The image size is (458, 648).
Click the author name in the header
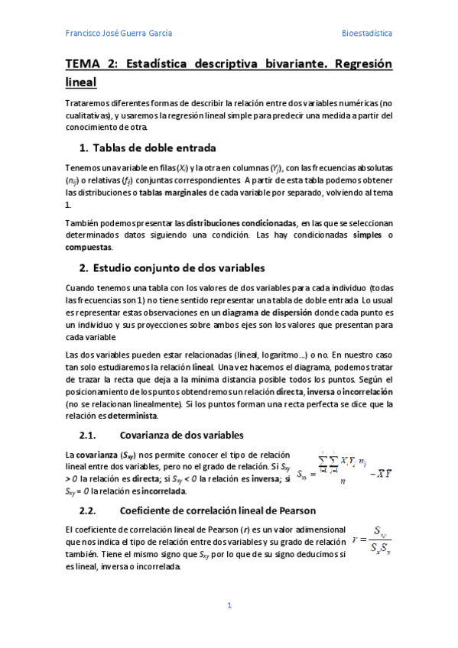119,34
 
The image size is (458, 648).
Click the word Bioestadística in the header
366,34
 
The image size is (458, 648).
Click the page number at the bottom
229,606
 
